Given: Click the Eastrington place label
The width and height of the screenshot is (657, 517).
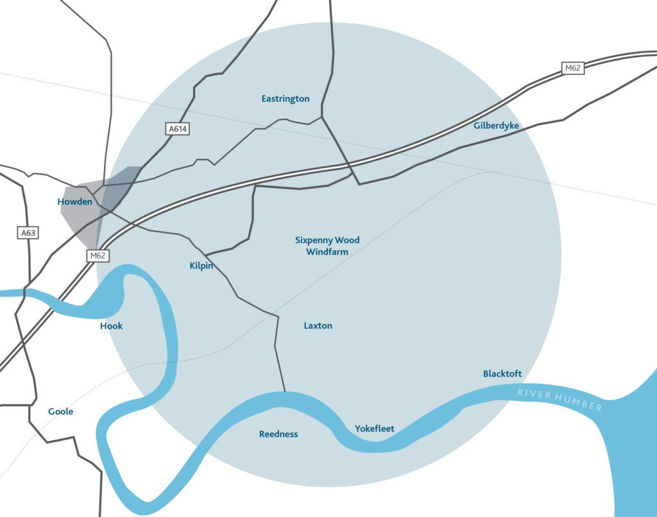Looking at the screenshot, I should pos(286,99).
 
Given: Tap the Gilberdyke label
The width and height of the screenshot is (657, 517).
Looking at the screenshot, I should pos(496,126).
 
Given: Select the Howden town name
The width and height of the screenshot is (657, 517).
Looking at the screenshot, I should pos(75,201).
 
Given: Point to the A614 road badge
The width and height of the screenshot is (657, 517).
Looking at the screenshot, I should pos(178,129).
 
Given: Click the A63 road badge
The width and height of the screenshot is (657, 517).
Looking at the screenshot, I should pos(28,233).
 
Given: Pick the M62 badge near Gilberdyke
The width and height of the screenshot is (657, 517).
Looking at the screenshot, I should pos(573,68).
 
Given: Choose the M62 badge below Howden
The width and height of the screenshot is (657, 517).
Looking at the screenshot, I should pos(98,255).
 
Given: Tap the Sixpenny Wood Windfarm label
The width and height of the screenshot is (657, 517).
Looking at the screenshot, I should pos(327,246).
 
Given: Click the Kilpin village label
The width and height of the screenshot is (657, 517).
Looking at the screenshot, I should pos(201,266).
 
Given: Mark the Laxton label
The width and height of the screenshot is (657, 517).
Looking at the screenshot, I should pos(318,326).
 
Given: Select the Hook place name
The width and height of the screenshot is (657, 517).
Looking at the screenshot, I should pos(111,326).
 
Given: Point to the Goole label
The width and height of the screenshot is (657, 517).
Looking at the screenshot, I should pos(61,411).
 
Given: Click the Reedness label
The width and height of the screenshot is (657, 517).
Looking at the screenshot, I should pos(278,434).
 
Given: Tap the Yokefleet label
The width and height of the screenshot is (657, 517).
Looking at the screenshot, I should pos(375,428).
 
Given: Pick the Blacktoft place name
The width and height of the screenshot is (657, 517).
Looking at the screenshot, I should pos(502,373).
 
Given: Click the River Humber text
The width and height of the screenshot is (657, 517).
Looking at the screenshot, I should pos(560,400).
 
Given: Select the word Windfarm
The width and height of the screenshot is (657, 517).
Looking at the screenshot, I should pos(327,252).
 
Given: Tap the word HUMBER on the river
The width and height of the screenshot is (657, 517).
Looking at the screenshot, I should pos(580,403).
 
